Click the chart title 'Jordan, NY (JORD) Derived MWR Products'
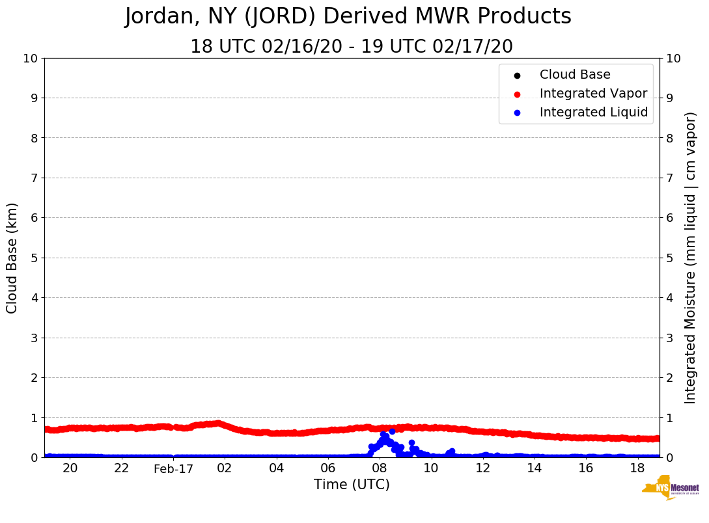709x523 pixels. (x=348, y=17)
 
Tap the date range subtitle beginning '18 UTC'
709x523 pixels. (x=352, y=47)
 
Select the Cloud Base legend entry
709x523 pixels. (x=575, y=75)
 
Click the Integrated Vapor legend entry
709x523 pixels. (x=593, y=94)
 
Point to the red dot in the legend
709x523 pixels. (x=517, y=94)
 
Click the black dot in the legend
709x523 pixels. (x=517, y=75)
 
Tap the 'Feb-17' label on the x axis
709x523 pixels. (x=173, y=469)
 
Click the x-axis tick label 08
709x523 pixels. (x=380, y=468)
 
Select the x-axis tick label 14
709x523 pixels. (x=534, y=468)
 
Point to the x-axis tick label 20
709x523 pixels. (x=70, y=468)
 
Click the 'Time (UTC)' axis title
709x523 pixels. (x=352, y=485)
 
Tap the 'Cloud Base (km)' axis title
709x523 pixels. (x=12, y=258)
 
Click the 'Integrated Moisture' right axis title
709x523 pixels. (x=691, y=258)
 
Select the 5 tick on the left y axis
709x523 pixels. (x=35, y=258)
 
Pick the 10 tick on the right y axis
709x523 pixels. (x=673, y=59)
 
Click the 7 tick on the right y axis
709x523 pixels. (x=669, y=178)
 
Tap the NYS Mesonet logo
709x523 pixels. (x=671, y=490)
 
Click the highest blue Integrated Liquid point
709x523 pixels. (x=392, y=431)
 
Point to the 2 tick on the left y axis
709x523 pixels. (x=35, y=377)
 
